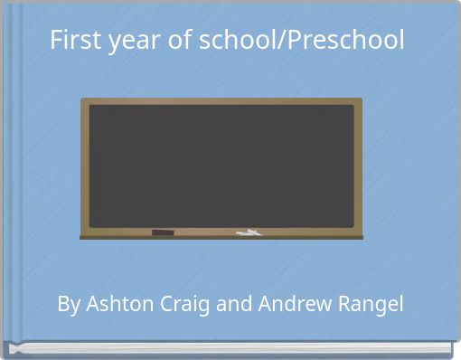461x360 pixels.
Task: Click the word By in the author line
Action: click(x=68, y=304)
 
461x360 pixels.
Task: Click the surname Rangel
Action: click(x=372, y=304)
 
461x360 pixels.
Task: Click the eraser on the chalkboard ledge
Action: click(x=163, y=233)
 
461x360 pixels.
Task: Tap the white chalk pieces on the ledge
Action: click(x=249, y=233)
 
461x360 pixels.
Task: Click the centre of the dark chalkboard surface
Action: click(x=221, y=166)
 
